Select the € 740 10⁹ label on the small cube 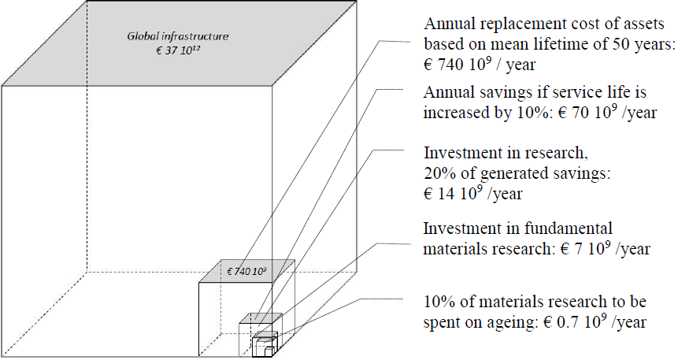246,271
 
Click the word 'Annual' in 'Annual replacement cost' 446,23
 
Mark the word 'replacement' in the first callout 514,23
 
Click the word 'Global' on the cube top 144,36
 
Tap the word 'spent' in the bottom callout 443,321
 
